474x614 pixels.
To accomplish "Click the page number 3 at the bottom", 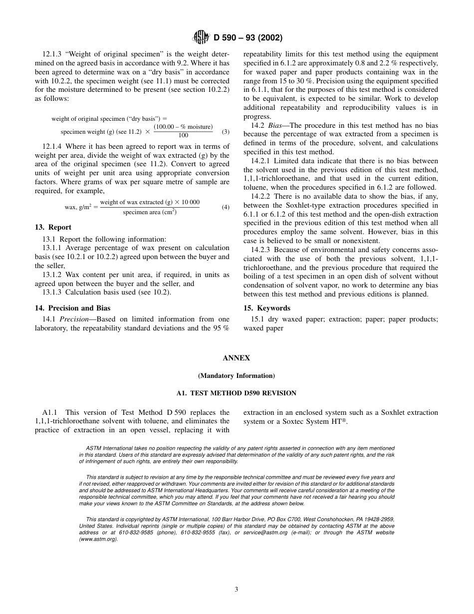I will [x=237, y=589].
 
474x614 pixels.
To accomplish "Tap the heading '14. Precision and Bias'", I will [x=72, y=308].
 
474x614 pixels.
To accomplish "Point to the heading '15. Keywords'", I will [x=266, y=308].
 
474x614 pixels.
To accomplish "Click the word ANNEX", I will [x=237, y=358].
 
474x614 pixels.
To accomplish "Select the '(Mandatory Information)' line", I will [x=237, y=375].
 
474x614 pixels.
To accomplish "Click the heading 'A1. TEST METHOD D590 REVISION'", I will [x=237, y=393].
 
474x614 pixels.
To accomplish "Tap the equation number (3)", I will [x=226, y=132].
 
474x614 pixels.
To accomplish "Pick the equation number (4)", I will [x=226, y=207].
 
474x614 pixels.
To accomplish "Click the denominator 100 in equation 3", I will [x=183, y=136].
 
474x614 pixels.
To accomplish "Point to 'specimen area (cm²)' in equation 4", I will [x=150, y=212].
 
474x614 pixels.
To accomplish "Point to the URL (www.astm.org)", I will [x=98, y=539].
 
